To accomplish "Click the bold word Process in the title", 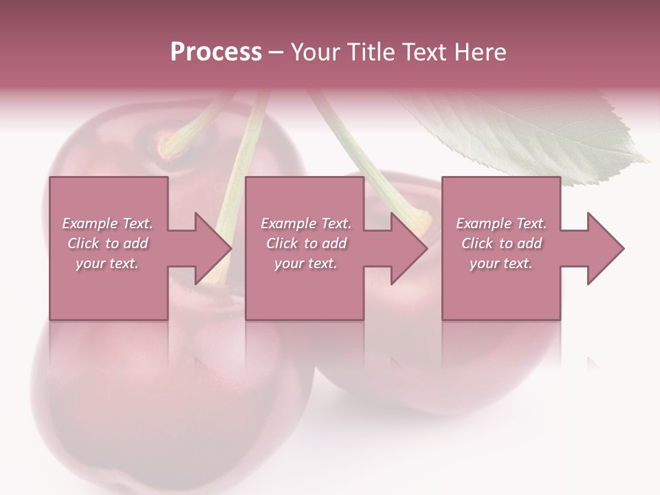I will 216,52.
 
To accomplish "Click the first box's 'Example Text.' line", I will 107,223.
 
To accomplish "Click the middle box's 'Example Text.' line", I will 306,223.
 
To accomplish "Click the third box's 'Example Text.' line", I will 501,223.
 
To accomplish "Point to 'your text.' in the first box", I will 107,263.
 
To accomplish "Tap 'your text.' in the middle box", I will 306,263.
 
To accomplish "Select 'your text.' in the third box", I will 501,263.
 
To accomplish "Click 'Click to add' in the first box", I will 107,243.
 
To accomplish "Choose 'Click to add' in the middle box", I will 306,243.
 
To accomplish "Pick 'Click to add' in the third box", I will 501,243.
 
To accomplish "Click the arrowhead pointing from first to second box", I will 210,248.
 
